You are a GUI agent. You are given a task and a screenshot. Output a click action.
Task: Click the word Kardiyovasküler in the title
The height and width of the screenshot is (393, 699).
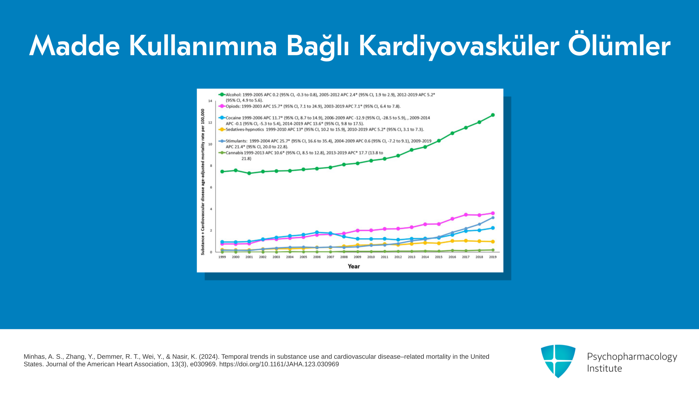coord(459,46)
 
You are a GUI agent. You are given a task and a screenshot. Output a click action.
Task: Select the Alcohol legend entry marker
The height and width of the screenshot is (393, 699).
coord(222,95)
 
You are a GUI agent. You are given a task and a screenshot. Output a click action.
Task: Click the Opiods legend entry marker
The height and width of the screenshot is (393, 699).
coord(222,106)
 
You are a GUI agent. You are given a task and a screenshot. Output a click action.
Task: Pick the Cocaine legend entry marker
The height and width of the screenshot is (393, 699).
coord(222,118)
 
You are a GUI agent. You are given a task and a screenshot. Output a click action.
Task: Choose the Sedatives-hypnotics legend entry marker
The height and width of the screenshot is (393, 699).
coord(222,130)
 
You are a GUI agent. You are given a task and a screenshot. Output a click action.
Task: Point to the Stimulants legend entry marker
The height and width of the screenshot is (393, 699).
coord(222,141)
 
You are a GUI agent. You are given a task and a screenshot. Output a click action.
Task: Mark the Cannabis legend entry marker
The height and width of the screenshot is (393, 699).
coord(222,153)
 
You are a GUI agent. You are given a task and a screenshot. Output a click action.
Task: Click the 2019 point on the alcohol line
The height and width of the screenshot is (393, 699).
coord(493,115)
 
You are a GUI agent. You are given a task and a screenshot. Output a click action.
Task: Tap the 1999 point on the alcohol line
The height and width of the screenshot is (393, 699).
coord(222,172)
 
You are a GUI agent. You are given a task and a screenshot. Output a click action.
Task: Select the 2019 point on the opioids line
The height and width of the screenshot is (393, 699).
coord(493,214)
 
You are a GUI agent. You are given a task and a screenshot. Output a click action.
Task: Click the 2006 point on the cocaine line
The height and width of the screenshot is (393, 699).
coord(317,233)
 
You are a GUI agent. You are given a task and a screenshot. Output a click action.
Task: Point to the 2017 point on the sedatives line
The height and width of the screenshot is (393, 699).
coord(466,241)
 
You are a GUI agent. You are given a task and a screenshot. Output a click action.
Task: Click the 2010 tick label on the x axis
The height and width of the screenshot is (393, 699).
coord(371,257)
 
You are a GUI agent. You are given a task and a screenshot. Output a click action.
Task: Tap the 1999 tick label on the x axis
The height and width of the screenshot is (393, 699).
coord(222,257)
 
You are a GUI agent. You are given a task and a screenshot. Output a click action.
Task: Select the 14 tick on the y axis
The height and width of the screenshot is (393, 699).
coord(210,101)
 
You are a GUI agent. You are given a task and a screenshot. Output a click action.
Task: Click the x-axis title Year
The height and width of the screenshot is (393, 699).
coord(354,266)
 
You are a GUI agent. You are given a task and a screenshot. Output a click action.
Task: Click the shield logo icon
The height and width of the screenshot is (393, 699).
coord(558,361)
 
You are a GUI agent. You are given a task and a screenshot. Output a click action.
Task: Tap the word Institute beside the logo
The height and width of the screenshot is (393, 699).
coord(604,369)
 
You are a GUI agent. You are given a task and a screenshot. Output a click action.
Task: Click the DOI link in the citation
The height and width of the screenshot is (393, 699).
coord(279,364)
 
